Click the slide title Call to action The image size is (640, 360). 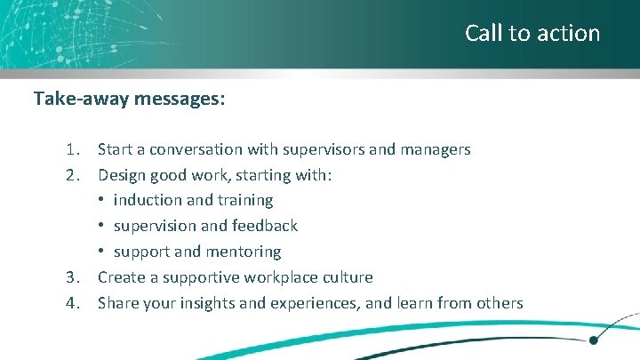532,34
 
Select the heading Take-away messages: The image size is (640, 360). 129,99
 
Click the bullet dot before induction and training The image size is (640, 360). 102,201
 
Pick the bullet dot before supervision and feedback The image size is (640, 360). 102,226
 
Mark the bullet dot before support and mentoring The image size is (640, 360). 102,252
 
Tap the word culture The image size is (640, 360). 349,277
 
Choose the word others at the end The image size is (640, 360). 499,303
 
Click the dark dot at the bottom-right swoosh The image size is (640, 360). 593,339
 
